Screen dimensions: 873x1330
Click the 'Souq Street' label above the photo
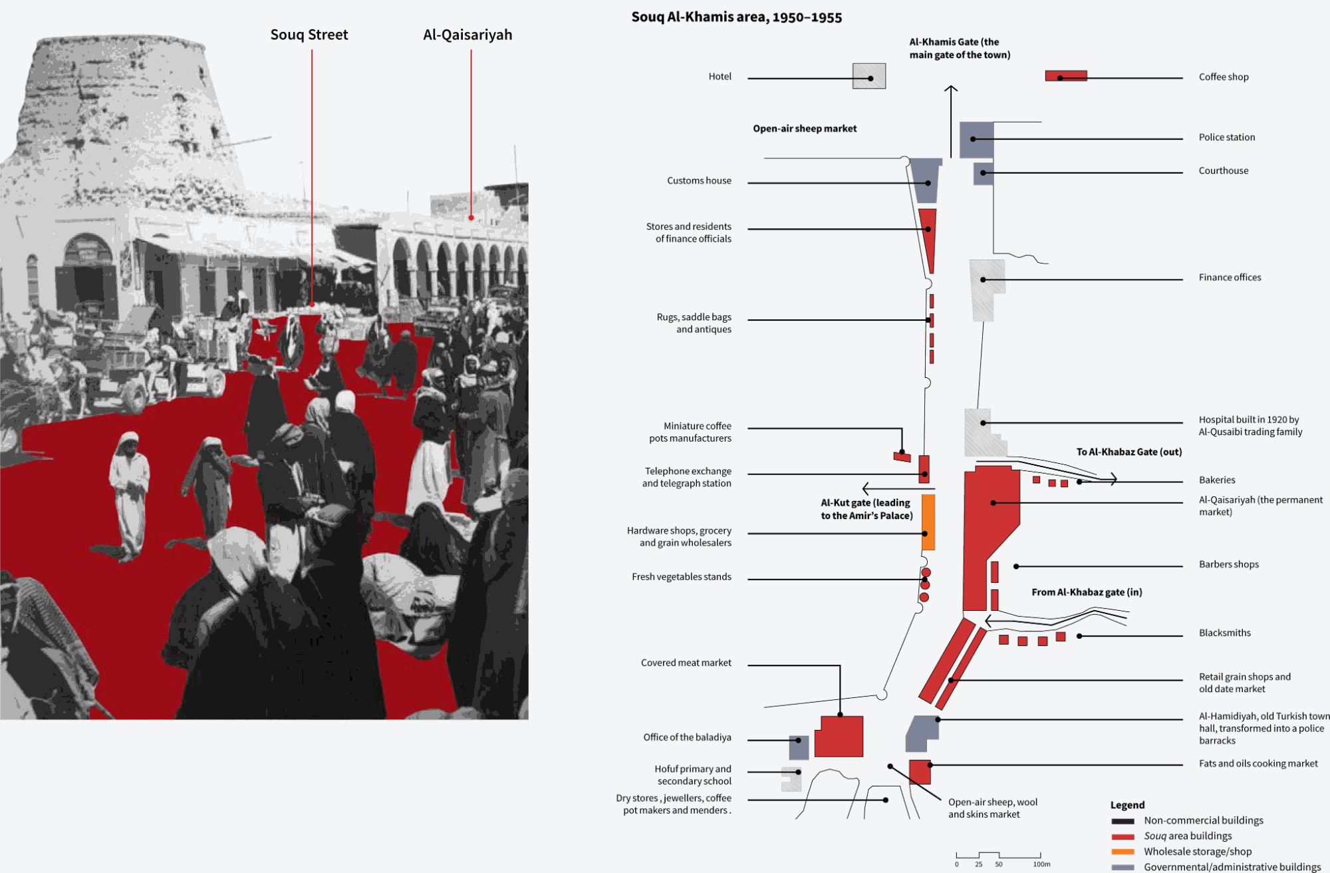[309, 35]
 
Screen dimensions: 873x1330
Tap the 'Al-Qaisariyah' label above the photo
[467, 35]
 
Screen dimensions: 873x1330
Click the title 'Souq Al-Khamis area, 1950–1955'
[736, 17]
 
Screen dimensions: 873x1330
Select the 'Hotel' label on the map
[720, 77]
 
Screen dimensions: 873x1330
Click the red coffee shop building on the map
[1066, 76]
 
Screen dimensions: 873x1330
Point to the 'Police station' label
[1226, 137]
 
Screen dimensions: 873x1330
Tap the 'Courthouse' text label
[1223, 170]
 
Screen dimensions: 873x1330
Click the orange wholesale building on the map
[928, 522]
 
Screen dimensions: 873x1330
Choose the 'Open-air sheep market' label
[805, 128]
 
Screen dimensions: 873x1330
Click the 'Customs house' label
[699, 180]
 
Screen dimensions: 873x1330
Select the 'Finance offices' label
[1230, 277]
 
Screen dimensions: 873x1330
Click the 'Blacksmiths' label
[1224, 633]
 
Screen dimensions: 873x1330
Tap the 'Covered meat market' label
[686, 663]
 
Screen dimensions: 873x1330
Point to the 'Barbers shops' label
[1228, 564]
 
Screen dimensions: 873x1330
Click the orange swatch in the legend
[1123, 852]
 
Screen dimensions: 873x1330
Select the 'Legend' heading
[1127, 805]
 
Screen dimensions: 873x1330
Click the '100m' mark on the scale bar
[1041, 864]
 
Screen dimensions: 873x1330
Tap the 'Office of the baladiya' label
[687, 737]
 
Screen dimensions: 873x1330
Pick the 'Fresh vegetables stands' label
[681, 577]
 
